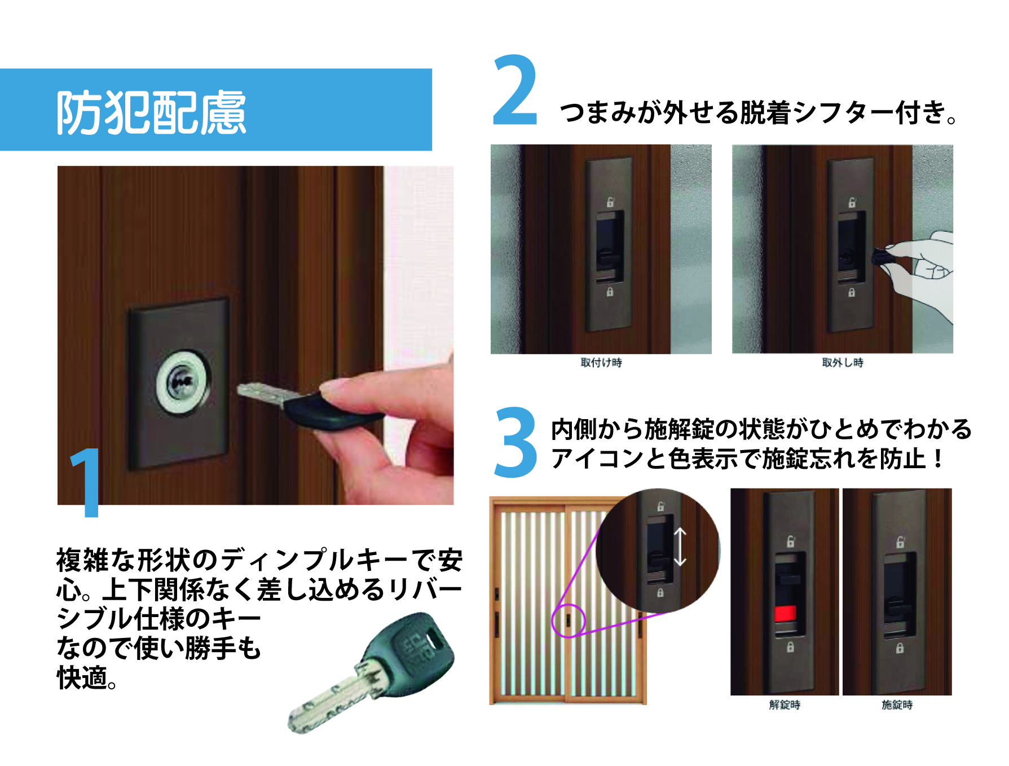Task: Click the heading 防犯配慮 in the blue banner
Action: tap(151, 112)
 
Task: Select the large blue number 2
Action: tap(515, 90)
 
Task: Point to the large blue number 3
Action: tap(515, 443)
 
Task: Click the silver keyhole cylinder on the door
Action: tap(183, 381)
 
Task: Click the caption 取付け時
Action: tap(601, 363)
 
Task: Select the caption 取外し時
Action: tap(843, 363)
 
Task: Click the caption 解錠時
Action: tap(785, 705)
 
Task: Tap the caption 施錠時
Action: tap(897, 705)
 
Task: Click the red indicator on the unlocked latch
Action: tap(785, 613)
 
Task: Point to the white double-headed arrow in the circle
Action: tap(680, 547)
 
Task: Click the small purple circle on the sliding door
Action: tap(569, 620)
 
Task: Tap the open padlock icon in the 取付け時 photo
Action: tap(610, 202)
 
